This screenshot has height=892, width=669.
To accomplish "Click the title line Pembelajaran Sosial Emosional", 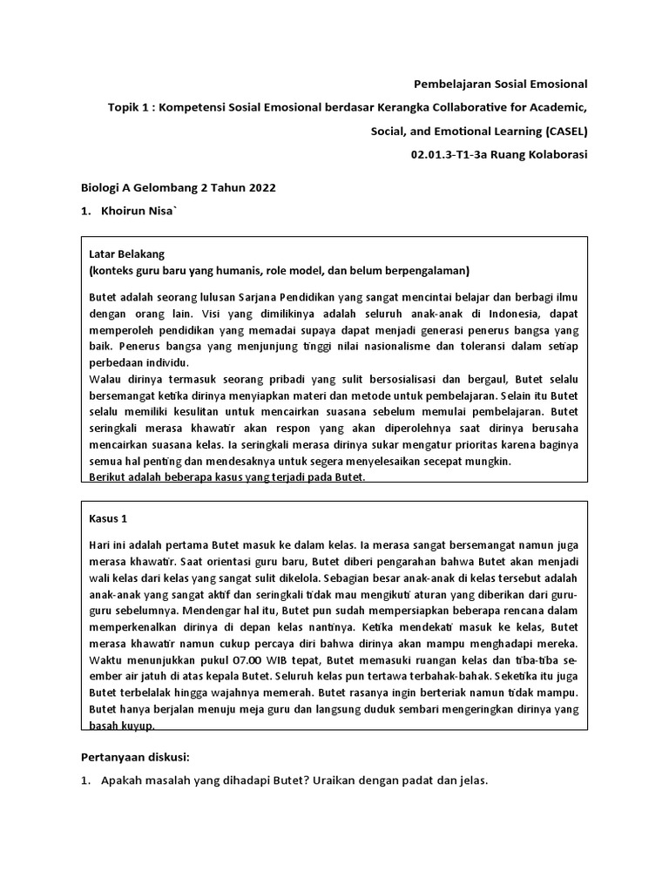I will tap(499, 84).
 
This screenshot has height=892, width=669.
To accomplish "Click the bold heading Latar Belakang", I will tap(127, 253).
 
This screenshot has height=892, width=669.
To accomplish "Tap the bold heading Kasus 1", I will tap(109, 517).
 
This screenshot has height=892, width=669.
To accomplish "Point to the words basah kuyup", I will tap(123, 726).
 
